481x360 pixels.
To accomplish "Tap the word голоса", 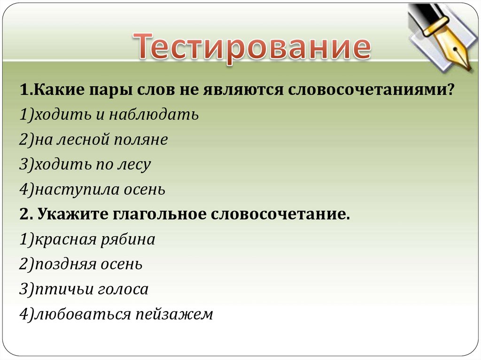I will pyautogui.click(x=123, y=290).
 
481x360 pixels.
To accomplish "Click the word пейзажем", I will pyautogui.click(x=174, y=314).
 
